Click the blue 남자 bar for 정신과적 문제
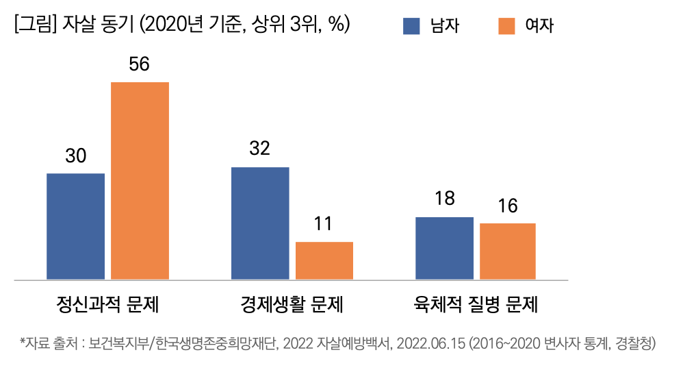coord(75,226)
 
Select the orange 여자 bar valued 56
coord(140,181)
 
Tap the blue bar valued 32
coord(260,223)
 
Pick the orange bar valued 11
coord(324,260)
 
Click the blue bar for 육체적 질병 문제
coord(444,248)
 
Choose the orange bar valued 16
coord(507,251)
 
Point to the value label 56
coord(139,64)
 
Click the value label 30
coord(75,156)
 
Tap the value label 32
coord(259,149)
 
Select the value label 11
coord(323,224)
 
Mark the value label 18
coord(444,199)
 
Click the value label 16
coord(508,206)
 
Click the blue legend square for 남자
coord(411,26)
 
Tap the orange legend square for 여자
coord(506,26)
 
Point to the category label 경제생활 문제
coord(292,304)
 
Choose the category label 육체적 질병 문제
coord(476,304)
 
